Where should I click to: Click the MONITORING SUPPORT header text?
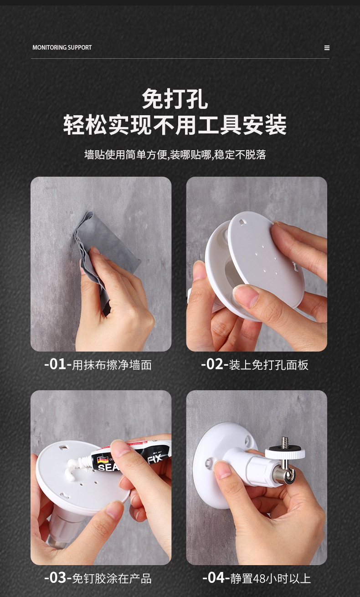click(x=62, y=47)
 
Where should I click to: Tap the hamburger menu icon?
click(x=327, y=48)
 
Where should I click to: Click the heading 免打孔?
click(x=175, y=99)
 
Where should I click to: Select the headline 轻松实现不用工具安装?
click(x=175, y=124)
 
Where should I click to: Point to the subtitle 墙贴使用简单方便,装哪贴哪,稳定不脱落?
click(x=175, y=154)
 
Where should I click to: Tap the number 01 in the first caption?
click(x=58, y=364)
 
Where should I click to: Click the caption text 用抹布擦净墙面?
click(x=112, y=365)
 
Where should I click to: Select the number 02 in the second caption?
click(x=215, y=364)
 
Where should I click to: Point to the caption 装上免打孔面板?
click(x=268, y=365)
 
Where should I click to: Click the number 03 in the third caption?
click(x=58, y=578)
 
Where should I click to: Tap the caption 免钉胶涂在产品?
click(x=112, y=579)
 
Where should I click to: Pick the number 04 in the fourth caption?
click(x=216, y=578)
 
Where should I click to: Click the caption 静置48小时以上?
click(x=270, y=579)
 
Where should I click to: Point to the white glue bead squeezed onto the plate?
click(x=74, y=466)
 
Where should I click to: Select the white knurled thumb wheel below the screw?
click(x=285, y=453)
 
